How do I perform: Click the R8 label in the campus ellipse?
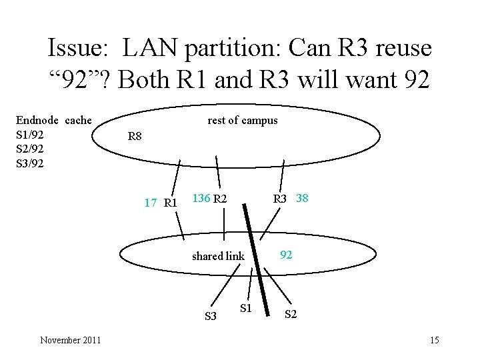click(x=135, y=137)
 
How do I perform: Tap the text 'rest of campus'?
click(x=243, y=120)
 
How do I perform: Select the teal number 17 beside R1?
click(x=151, y=202)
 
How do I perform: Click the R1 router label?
click(x=169, y=202)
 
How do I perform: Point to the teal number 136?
click(x=201, y=198)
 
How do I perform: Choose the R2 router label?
click(x=221, y=198)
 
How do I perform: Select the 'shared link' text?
click(x=218, y=256)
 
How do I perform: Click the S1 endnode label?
click(x=245, y=308)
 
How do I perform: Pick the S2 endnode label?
click(x=291, y=314)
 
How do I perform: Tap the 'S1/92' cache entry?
click(x=30, y=134)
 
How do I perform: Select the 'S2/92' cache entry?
click(x=30, y=148)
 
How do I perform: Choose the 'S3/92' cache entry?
click(x=30, y=162)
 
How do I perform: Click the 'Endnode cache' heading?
click(x=53, y=120)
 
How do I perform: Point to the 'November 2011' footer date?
click(x=71, y=341)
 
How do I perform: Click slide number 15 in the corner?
click(x=435, y=341)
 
